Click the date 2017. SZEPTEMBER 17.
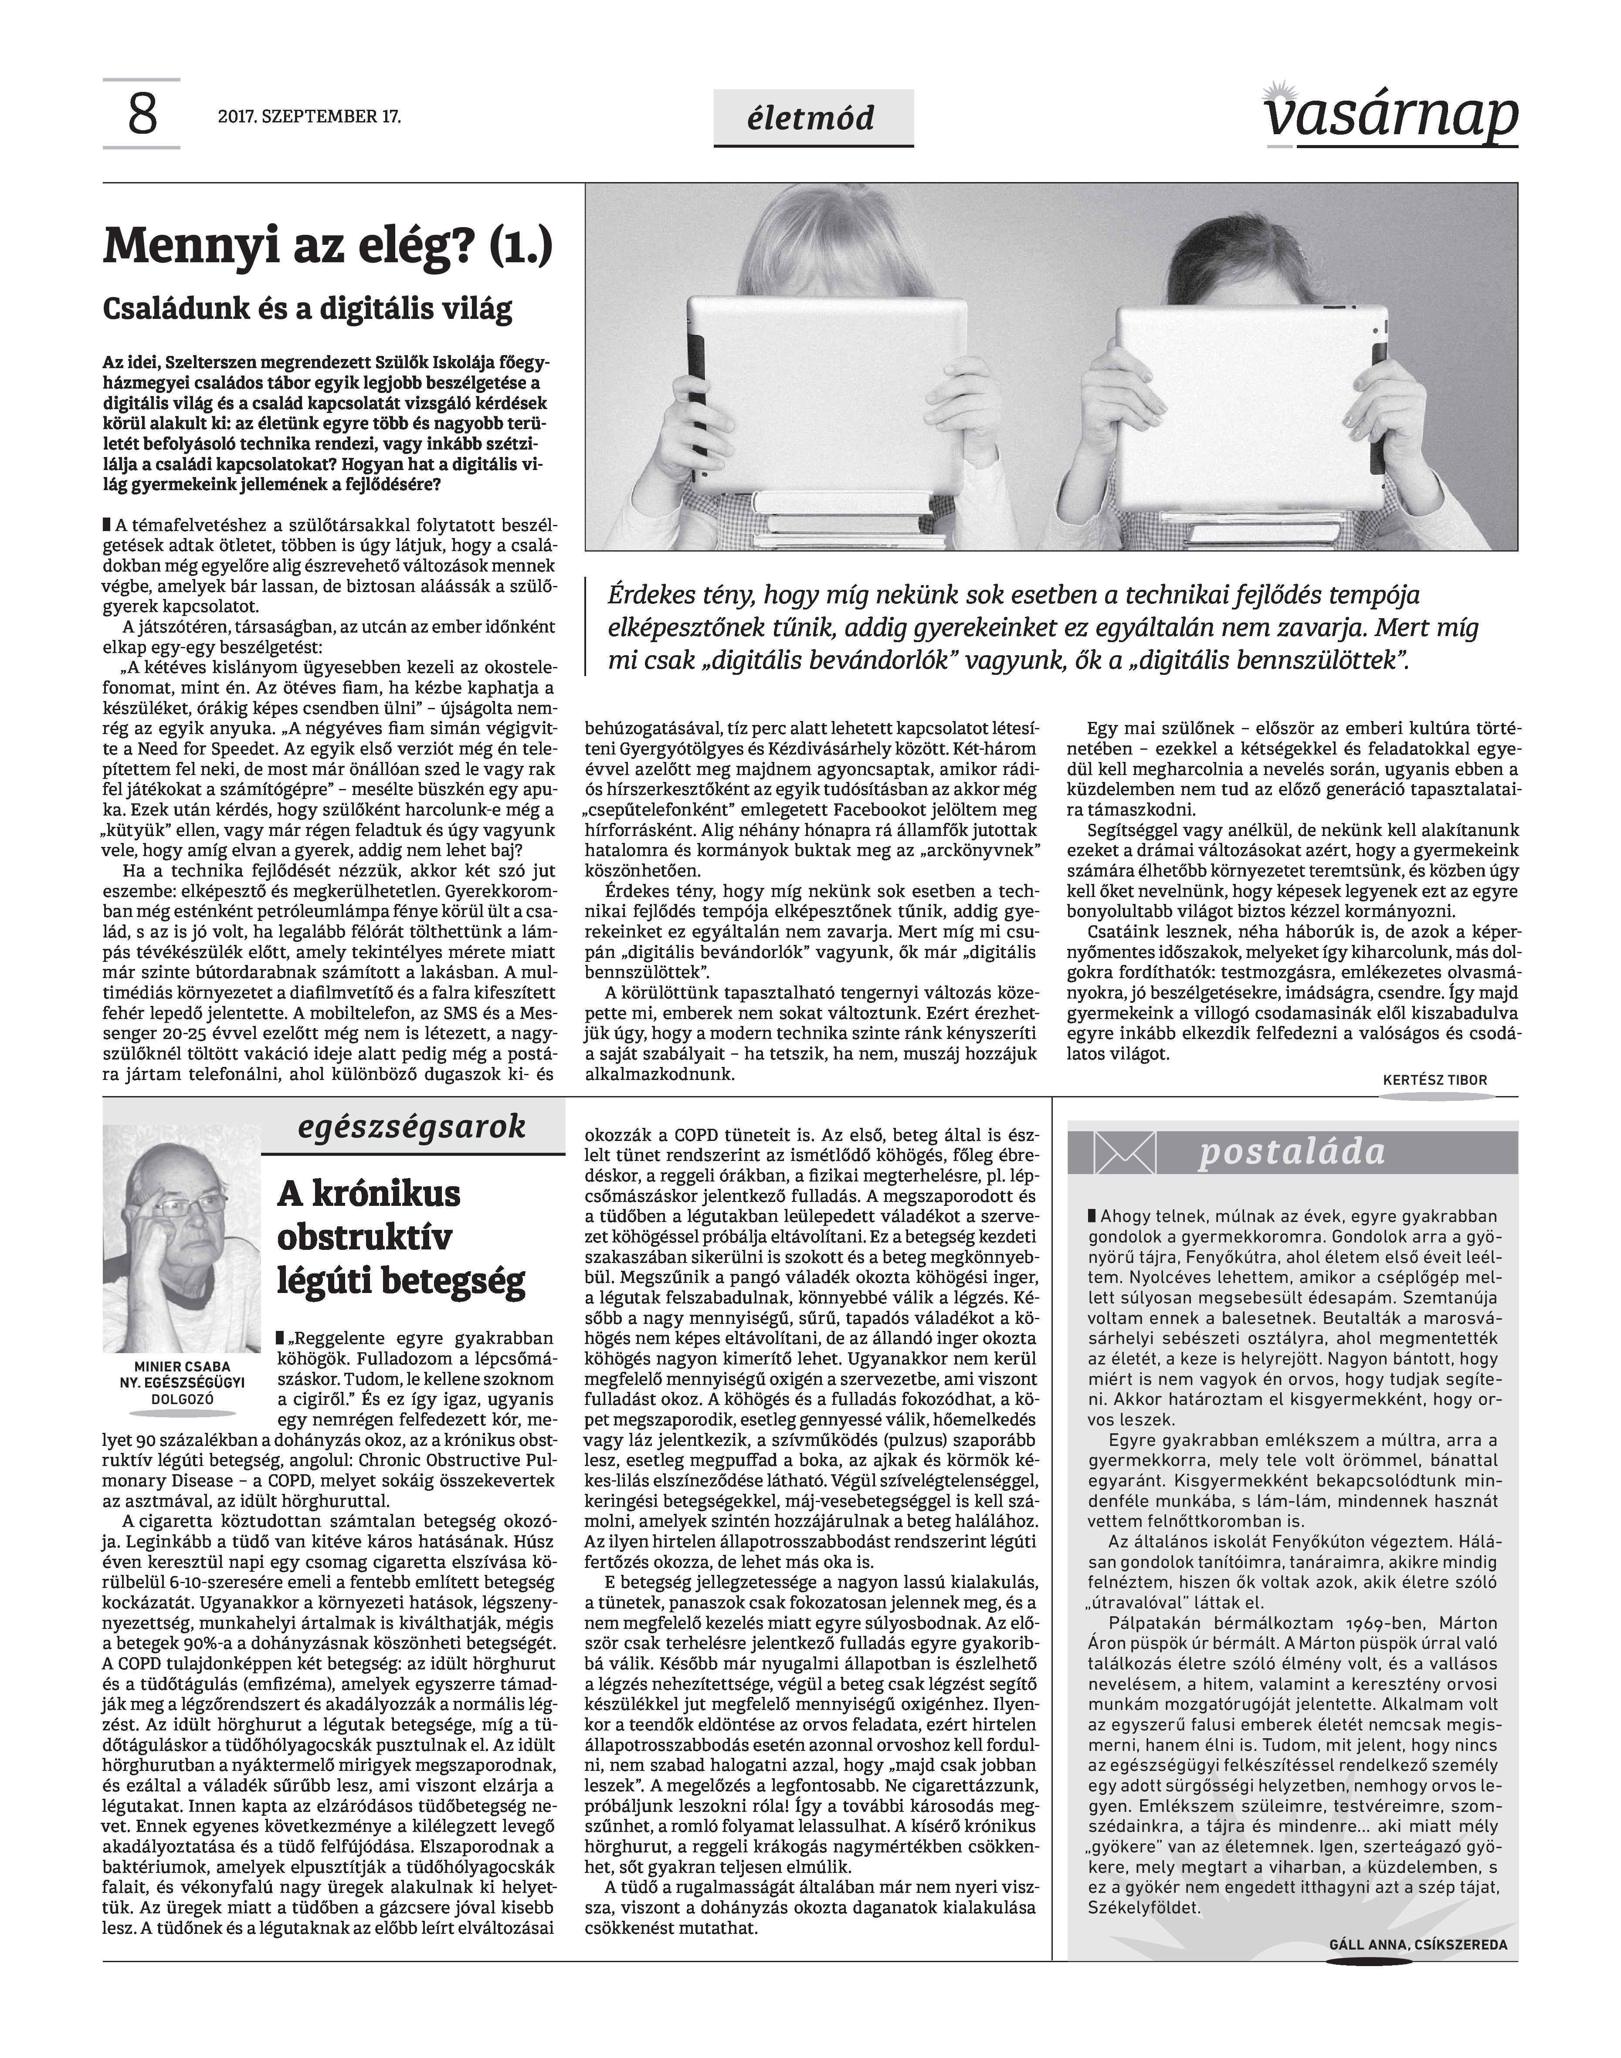click(309, 118)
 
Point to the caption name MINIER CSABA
click(181, 1366)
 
